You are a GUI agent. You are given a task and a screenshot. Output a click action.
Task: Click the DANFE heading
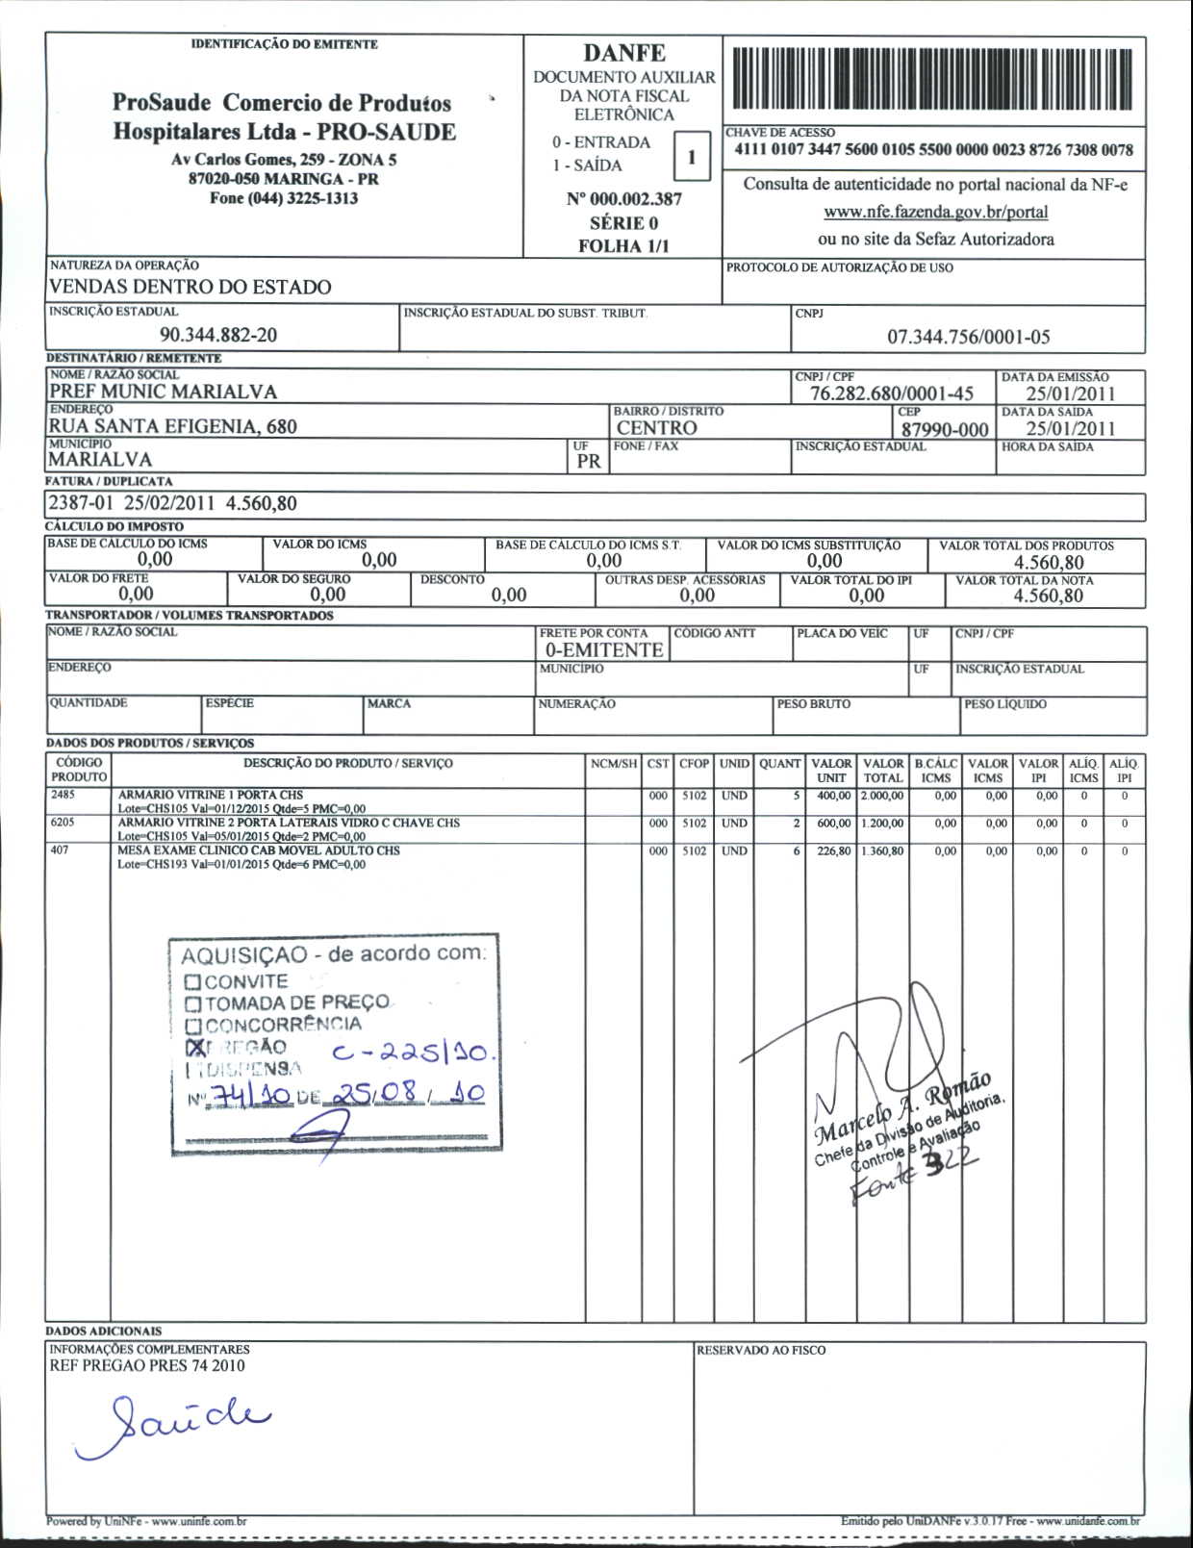(623, 53)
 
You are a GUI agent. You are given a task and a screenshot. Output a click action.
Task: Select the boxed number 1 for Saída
(690, 157)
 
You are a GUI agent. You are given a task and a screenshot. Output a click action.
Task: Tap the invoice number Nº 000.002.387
(623, 199)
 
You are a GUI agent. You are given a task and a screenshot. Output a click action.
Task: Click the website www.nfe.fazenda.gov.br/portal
(935, 212)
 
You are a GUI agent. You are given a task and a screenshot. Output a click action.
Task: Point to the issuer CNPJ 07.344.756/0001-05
(968, 337)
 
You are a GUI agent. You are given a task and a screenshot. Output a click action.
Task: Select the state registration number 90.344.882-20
(218, 335)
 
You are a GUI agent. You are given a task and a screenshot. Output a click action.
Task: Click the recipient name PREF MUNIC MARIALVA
(163, 392)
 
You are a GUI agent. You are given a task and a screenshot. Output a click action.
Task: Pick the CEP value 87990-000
(944, 429)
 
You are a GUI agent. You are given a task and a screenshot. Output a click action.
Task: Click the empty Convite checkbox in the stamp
(192, 982)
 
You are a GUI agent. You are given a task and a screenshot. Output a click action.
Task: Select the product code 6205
(63, 824)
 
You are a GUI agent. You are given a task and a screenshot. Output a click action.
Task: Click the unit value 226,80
(833, 851)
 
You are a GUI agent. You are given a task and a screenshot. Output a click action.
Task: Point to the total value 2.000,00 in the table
(882, 796)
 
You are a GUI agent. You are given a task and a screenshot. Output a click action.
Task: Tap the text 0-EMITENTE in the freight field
(603, 650)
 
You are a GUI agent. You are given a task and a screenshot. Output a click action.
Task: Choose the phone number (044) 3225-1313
(284, 198)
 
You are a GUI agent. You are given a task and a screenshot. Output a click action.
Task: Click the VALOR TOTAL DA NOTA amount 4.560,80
(1048, 596)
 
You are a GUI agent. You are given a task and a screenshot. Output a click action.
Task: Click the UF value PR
(588, 461)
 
